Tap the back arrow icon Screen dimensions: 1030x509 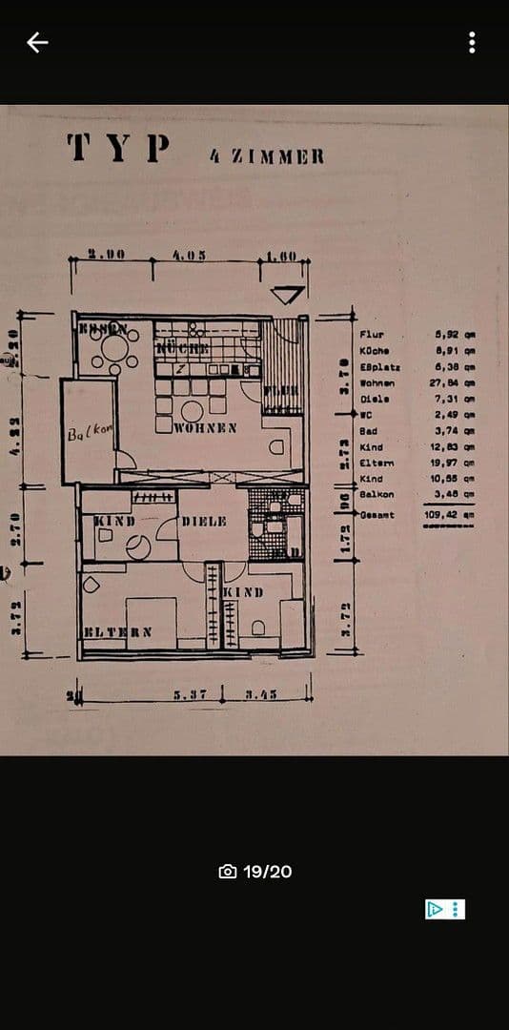coord(37,42)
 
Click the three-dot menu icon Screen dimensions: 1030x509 coord(472,42)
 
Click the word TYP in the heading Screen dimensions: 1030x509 coord(120,149)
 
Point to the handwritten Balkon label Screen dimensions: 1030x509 coord(91,434)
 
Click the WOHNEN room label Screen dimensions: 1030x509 coord(206,427)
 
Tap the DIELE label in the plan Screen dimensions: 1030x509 coord(204,522)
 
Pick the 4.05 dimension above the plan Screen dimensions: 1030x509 coord(190,257)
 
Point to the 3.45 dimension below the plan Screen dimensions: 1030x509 coord(259,694)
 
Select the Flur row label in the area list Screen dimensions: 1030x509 coord(372,335)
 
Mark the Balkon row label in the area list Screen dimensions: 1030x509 coord(377,494)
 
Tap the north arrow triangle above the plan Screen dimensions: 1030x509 coord(288,295)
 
